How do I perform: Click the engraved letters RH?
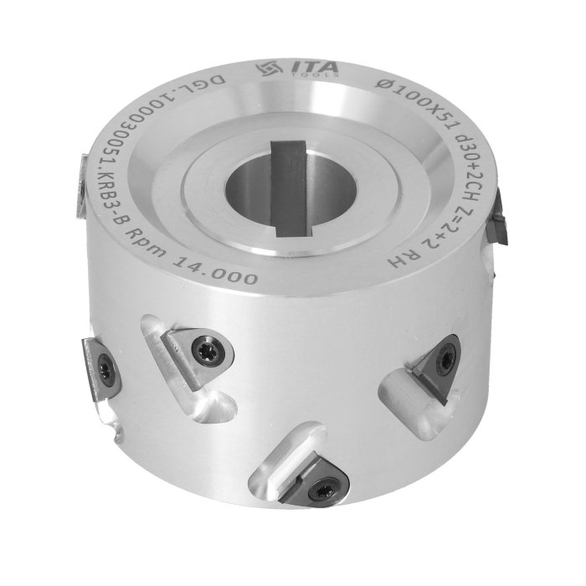[x=402, y=260]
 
